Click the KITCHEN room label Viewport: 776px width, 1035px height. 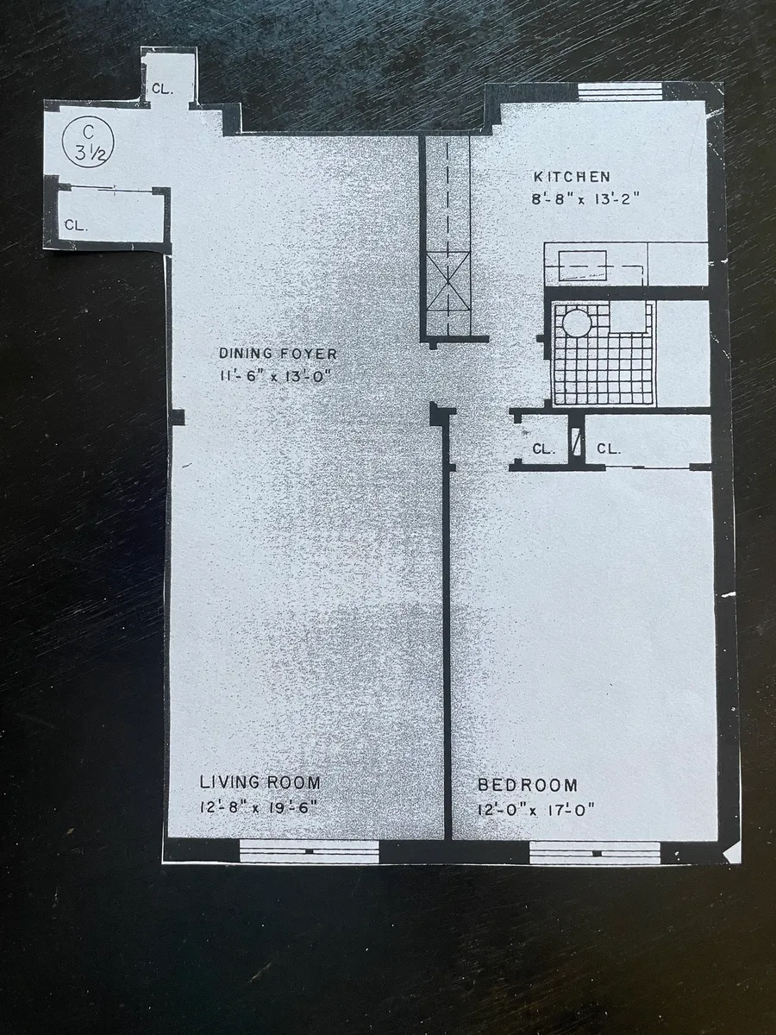click(x=572, y=177)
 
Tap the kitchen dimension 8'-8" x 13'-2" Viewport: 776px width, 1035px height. click(x=585, y=198)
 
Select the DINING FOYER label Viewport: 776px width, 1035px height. click(x=278, y=354)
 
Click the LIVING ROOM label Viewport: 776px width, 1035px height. click(x=260, y=783)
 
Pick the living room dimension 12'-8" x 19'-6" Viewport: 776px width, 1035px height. click(x=260, y=808)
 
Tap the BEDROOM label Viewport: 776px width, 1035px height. click(x=528, y=785)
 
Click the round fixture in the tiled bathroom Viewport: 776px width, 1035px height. click(x=577, y=323)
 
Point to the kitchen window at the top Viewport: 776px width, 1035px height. click(x=619, y=91)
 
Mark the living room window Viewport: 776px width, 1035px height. click(x=309, y=851)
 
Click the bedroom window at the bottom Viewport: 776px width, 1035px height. click(x=595, y=852)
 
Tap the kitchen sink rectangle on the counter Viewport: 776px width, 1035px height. click(x=583, y=265)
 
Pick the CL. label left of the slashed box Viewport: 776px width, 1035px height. click(x=542, y=449)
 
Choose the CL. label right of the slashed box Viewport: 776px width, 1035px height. click(x=609, y=448)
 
